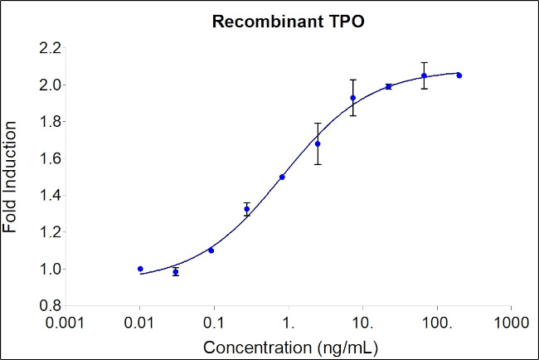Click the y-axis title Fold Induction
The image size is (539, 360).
[x=11, y=177]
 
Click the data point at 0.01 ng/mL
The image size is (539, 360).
[x=140, y=269]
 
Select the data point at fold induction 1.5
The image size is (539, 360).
[x=282, y=177]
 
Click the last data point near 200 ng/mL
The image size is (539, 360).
[x=459, y=75]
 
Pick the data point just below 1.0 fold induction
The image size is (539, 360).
[x=176, y=271]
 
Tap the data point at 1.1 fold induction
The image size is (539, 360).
[x=211, y=251]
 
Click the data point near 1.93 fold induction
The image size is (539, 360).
[x=352, y=98]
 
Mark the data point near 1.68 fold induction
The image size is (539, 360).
[x=318, y=144]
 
